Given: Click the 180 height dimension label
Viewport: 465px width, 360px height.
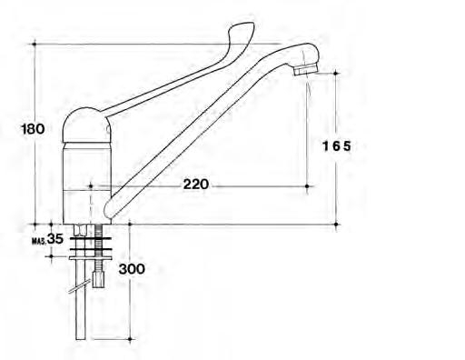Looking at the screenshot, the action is click(33, 129).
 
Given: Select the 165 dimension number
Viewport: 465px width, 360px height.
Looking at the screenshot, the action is click(337, 146).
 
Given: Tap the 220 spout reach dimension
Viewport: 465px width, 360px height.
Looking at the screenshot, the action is click(196, 185).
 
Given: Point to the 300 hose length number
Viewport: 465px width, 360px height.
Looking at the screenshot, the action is click(132, 269).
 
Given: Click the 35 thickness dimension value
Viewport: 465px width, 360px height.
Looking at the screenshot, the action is click(55, 239).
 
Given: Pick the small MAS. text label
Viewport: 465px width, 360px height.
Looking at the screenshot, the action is click(39, 241).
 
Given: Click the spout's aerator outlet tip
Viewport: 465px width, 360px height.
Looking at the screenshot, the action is click(306, 70).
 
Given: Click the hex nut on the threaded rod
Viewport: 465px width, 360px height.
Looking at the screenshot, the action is click(98, 279).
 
